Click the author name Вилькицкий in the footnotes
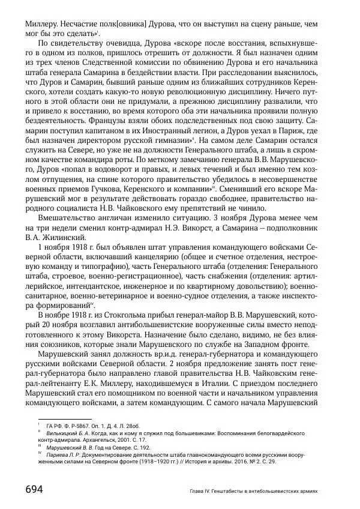(x=66, y=431)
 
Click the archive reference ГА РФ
(x=56, y=423)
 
